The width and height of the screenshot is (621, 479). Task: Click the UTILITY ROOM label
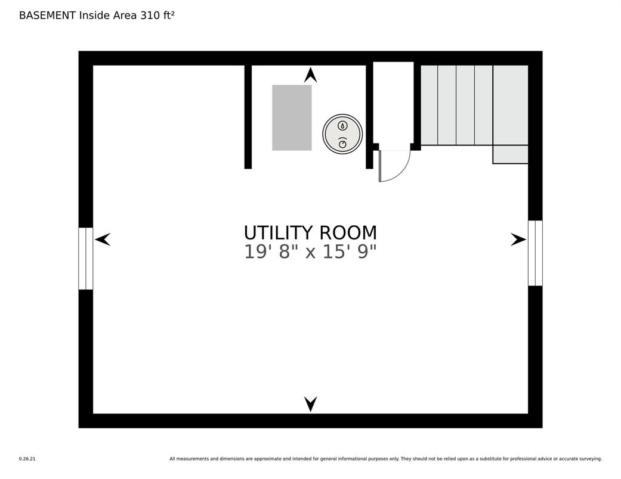coord(310,232)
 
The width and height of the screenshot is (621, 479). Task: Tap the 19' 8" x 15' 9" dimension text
coord(310,251)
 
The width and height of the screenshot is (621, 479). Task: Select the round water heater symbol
coord(342,134)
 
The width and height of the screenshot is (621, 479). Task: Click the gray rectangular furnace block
coord(292,117)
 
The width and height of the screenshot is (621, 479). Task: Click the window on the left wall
coord(85,259)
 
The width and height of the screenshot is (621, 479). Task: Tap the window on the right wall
coord(535,253)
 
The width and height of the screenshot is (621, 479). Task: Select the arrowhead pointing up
coord(310,75)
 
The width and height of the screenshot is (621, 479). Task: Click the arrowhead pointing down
coord(310,404)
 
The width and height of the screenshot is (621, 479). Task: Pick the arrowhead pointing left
coord(103,240)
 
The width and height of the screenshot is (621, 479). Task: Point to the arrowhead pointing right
coord(518,240)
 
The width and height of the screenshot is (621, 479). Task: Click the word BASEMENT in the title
coord(48,15)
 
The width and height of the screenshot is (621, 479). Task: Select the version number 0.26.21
coord(27,459)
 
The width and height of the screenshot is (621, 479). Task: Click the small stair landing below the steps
coord(510,154)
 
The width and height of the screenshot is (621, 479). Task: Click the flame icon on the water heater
coord(342,126)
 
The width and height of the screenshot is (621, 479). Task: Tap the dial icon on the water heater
coord(342,143)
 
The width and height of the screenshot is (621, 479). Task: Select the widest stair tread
coord(511,105)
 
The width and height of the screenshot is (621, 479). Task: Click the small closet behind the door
coord(393,106)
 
